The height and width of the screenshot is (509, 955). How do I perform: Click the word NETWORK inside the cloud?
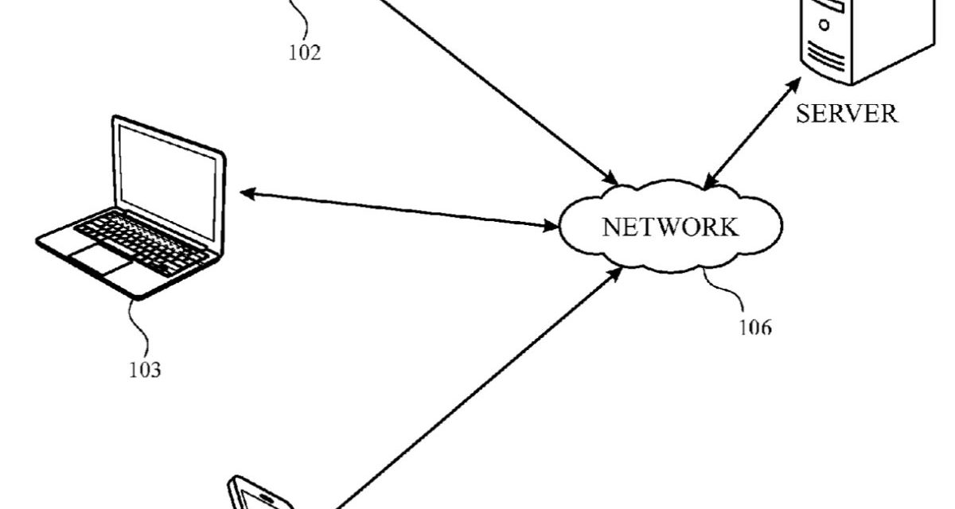670,227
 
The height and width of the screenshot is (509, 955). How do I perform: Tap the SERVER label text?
847,114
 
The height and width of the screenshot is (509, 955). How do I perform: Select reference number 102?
305,53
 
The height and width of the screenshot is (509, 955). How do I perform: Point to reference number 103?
145,369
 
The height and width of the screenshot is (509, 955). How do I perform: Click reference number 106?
754,325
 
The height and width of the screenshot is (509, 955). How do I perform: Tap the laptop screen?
168,182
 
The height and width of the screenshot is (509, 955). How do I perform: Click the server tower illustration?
859,40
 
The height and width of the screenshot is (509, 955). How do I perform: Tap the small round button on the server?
824,24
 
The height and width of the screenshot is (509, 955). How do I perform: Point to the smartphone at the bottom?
259,494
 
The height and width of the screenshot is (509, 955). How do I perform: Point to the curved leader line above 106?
724,290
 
